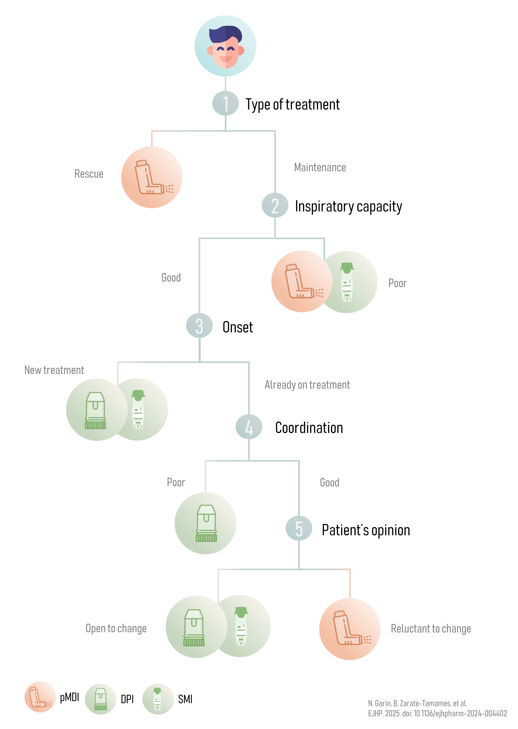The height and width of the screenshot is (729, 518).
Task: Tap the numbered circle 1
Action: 225,103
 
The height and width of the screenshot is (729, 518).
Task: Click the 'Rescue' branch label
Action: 89,174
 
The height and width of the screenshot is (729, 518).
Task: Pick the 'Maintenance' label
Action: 320,167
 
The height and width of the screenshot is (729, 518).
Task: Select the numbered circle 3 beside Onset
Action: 199,326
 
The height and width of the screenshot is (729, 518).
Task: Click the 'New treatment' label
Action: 54,370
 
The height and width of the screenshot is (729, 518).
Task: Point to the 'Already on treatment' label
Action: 307,385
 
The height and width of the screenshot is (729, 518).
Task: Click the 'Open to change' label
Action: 116,628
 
